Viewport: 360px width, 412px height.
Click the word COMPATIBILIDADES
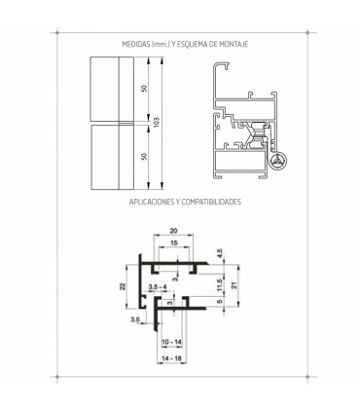click(x=211, y=202)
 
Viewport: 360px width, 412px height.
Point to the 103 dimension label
click(x=157, y=122)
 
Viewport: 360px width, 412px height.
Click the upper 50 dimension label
click(x=144, y=88)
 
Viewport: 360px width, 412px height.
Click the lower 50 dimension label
click(x=144, y=156)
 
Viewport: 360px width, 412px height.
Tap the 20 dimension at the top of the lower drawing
click(x=173, y=231)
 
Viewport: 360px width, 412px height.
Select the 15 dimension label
click(x=173, y=243)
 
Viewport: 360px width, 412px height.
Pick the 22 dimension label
click(x=122, y=286)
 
